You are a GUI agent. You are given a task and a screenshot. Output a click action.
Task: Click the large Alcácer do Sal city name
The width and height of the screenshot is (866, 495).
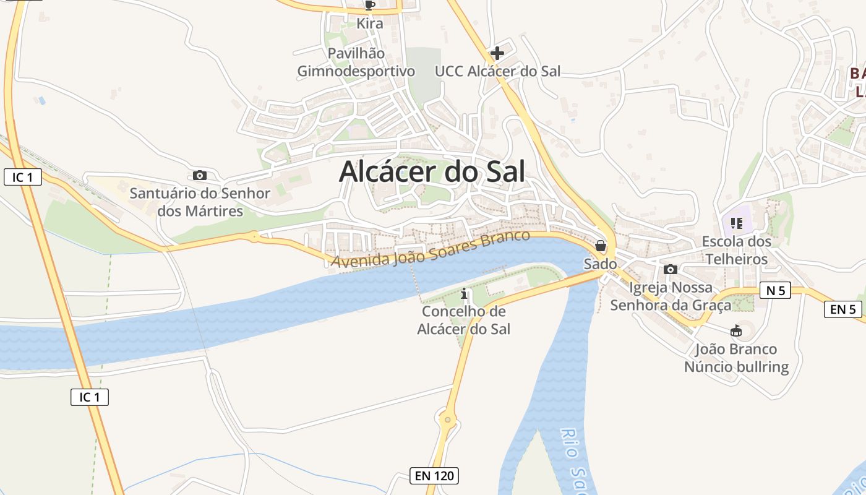coord(432,171)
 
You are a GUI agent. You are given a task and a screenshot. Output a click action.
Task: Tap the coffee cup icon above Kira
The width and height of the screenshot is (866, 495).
coord(370,6)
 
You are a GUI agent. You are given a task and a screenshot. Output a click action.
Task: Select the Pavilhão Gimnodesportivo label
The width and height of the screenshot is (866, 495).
coord(356,62)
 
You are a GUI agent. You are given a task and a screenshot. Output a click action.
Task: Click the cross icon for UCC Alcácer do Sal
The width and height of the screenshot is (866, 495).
coord(497,53)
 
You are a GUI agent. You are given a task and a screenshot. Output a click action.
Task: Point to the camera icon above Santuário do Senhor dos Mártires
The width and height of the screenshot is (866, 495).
coord(200,176)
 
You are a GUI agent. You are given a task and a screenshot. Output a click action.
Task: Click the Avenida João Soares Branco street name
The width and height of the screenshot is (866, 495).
coord(431,249)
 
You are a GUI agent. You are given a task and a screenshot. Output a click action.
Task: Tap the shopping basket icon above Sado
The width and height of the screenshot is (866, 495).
coord(600,246)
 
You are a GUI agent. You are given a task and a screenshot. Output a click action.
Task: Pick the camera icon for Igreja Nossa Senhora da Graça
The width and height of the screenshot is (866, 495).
coord(671,270)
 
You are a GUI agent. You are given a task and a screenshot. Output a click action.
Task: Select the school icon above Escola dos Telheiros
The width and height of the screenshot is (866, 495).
coord(736,223)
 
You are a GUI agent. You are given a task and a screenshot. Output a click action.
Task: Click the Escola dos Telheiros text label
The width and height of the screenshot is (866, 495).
coord(736,250)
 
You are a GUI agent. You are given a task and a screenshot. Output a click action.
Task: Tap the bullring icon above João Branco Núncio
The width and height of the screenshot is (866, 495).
coord(736,331)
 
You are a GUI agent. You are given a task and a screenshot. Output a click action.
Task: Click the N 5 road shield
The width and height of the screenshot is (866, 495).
coord(775,290)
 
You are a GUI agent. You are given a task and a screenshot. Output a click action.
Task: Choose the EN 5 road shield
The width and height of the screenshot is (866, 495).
coord(842,309)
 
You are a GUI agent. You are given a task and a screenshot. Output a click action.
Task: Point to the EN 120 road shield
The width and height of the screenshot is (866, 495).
coord(435,476)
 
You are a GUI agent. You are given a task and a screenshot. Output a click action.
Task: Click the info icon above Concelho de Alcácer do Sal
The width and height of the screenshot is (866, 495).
coord(464,293)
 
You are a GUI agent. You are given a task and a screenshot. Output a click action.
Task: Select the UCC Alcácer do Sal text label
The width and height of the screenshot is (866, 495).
coord(497,71)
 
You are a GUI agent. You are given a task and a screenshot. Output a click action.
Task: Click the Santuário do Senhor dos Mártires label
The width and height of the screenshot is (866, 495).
coord(200,202)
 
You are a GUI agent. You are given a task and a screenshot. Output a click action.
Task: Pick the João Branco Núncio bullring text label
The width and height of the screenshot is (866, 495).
coord(736,358)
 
